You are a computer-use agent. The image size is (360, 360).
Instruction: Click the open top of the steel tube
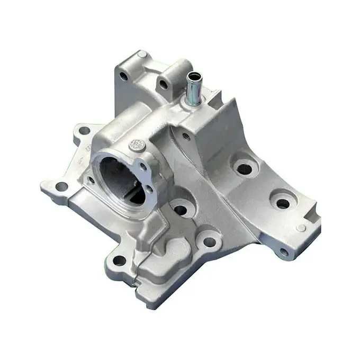click(194, 77)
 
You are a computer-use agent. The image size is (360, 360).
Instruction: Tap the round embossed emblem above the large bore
click(138, 145)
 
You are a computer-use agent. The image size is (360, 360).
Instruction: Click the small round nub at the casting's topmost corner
click(142, 55)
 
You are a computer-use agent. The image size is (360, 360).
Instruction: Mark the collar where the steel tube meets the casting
click(192, 101)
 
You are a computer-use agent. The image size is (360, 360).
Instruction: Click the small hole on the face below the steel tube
click(186, 136)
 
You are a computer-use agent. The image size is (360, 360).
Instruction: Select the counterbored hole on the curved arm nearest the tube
click(244, 169)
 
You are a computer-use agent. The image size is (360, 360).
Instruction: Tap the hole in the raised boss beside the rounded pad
click(210, 242)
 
